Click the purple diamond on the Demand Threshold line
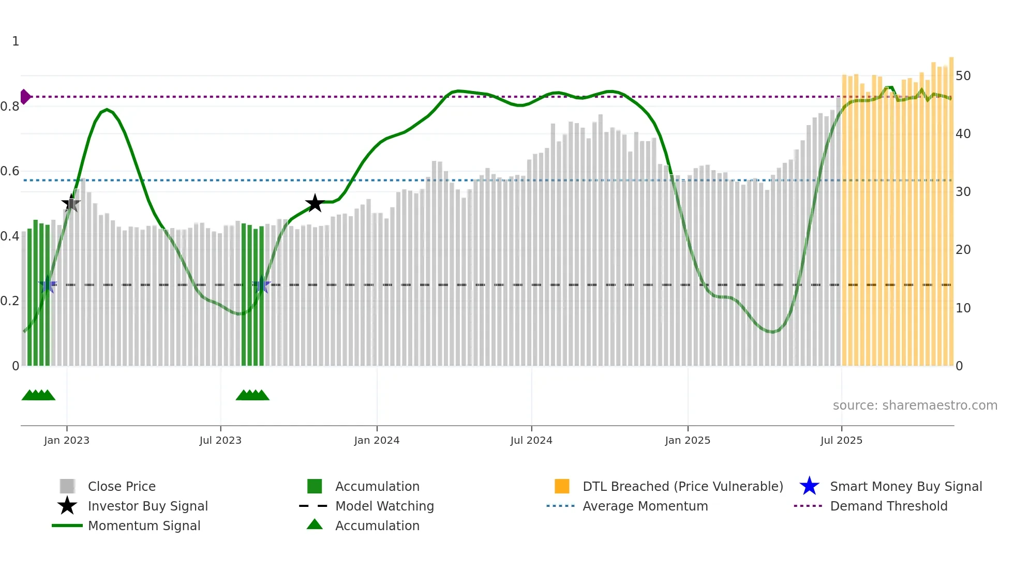(25, 97)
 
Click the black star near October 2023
(315, 203)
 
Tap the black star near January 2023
(71, 203)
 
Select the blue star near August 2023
(262, 285)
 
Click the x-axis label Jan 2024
(377, 440)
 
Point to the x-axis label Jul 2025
(841, 440)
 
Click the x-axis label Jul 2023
(220, 440)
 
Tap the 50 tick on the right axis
(963, 76)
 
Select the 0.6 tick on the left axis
(10, 171)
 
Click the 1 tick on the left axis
(16, 41)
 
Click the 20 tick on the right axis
(963, 250)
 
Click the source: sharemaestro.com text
(915, 406)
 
